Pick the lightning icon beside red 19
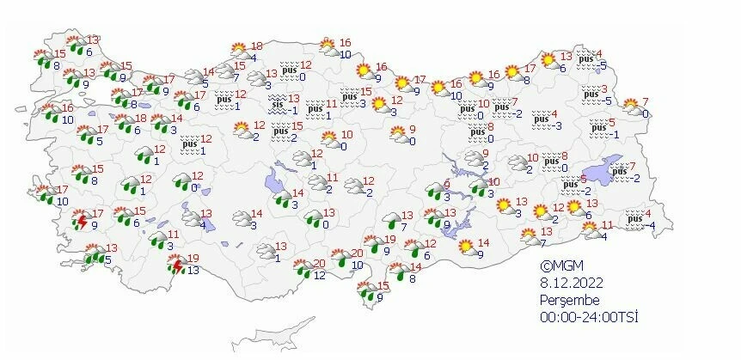[178, 266]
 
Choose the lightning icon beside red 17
[81, 221]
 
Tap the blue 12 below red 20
[319, 275]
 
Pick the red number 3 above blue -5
[604, 89]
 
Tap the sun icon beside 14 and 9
[466, 247]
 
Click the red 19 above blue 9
[389, 240]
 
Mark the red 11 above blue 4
[607, 225]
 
